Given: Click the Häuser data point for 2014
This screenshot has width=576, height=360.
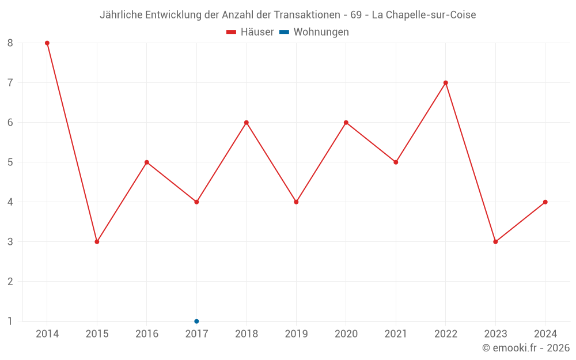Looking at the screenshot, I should point(47,43).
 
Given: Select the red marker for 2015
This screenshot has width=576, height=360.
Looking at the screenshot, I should point(97,242).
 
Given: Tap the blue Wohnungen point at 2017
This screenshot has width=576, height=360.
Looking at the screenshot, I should point(196,321).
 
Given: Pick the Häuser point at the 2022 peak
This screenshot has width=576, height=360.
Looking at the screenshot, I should point(446,83).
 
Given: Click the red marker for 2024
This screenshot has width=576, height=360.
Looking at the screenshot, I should point(545,202).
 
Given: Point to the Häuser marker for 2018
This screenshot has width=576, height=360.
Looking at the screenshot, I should point(247,123).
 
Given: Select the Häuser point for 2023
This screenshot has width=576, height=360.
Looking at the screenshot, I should point(495,242).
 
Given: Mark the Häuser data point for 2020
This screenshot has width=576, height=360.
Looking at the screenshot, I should point(346,123).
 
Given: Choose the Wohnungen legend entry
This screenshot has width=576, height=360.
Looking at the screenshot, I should point(321,32).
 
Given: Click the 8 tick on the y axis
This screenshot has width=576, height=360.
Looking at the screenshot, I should point(10,43).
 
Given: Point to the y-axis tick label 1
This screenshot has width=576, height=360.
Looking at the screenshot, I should point(10,321).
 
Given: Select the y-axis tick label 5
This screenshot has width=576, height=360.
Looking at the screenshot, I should point(10,162).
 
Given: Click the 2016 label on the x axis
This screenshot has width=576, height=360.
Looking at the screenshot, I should point(147,334).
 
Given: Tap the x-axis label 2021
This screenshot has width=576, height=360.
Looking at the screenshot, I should point(396,334).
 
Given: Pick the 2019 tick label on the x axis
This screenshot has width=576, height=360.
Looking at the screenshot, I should point(296,334).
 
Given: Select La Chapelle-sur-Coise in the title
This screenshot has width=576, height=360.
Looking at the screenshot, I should point(424,15).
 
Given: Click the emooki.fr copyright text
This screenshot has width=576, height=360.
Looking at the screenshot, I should point(525,348).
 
